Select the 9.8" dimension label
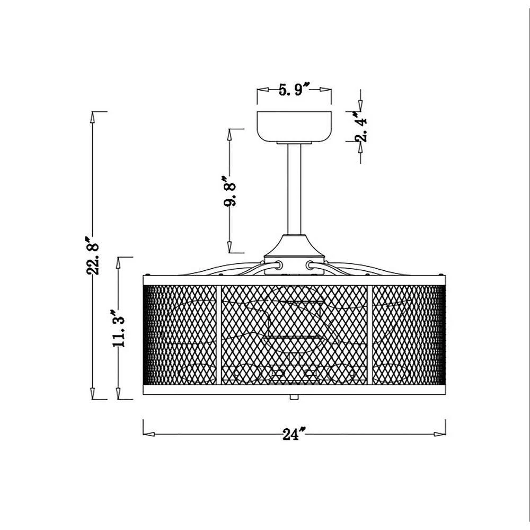(x=229, y=191)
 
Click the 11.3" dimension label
(x=119, y=328)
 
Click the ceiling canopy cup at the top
(x=294, y=127)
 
